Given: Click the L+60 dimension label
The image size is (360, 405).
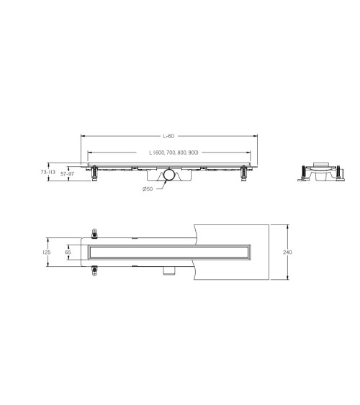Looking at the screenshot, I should click(168, 135).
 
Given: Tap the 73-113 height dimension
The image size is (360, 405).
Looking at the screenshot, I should click(48, 173).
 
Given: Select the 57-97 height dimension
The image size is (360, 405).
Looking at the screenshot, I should click(68, 173).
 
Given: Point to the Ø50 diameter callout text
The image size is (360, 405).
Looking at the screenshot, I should click(147, 189).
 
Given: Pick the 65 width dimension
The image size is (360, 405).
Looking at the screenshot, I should click(68, 252).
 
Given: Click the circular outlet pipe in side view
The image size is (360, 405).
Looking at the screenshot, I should click(168, 175).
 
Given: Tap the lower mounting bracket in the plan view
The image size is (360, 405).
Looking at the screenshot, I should click(94, 271).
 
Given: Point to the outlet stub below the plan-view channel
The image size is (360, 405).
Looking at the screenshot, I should click(169, 270).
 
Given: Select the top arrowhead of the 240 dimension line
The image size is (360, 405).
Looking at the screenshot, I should click(288, 225).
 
